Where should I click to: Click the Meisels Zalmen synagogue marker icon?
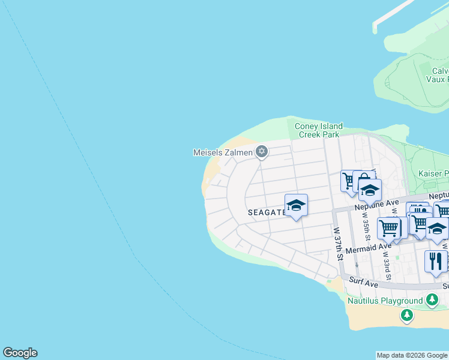[261, 151]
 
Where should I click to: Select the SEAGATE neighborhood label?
[267, 212]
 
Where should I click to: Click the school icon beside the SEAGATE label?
[296, 205]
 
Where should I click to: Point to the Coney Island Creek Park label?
[319, 130]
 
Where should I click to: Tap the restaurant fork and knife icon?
[435, 260]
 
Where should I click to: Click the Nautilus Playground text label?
[385, 301]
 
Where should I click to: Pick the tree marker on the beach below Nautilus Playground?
[407, 314]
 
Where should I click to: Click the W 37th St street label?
[338, 243]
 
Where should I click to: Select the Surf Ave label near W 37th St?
[365, 281]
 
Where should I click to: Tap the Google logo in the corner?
[20, 353]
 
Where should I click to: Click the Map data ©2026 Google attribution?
[412, 355]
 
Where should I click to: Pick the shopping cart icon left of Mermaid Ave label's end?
[389, 228]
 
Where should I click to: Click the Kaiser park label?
[433, 174]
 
